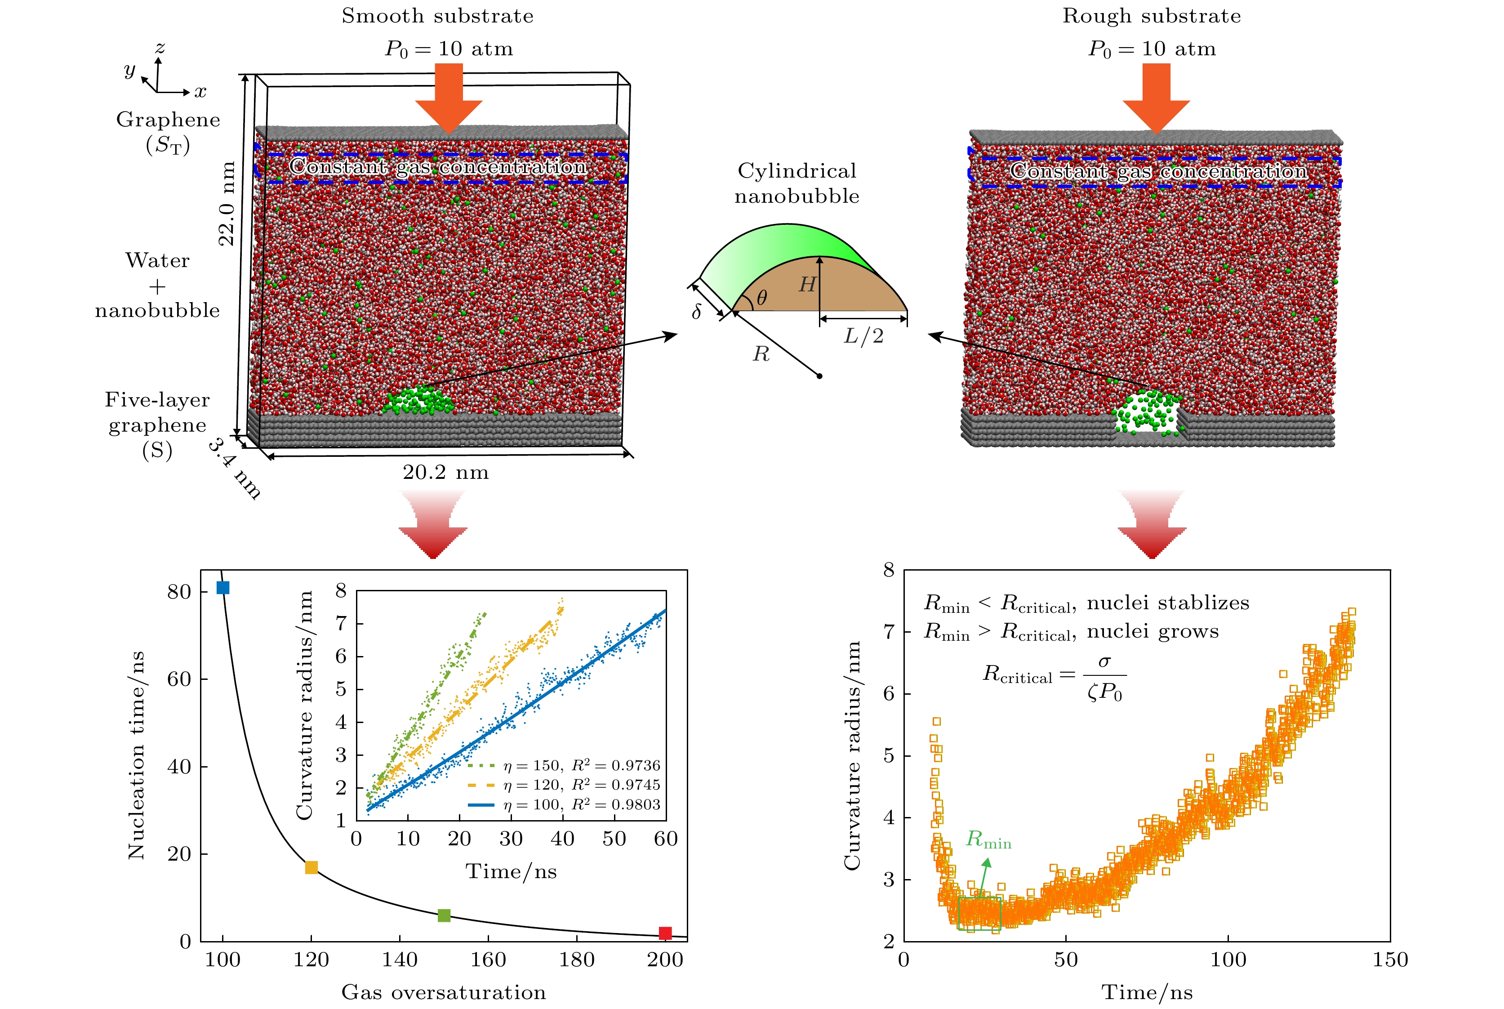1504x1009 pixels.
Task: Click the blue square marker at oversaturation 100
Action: coord(222,588)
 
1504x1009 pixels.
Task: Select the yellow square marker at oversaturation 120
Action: coord(311,867)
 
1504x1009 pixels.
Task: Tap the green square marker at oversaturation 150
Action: coord(444,915)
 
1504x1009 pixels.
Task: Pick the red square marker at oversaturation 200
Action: coord(665,933)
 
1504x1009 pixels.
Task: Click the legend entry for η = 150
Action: coord(564,766)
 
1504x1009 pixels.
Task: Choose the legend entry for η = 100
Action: coord(564,805)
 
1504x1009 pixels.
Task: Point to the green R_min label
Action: coord(988,840)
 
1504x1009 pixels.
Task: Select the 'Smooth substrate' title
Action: coord(437,16)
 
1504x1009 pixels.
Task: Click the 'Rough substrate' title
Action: coord(1152,16)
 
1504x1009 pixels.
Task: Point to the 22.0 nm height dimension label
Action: coord(227,204)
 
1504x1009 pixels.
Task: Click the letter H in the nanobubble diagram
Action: coord(807,285)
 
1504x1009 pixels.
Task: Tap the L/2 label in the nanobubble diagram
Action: coord(863,336)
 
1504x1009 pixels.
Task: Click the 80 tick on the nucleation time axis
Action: coord(179,592)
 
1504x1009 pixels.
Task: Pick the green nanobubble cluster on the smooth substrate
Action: coord(418,400)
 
